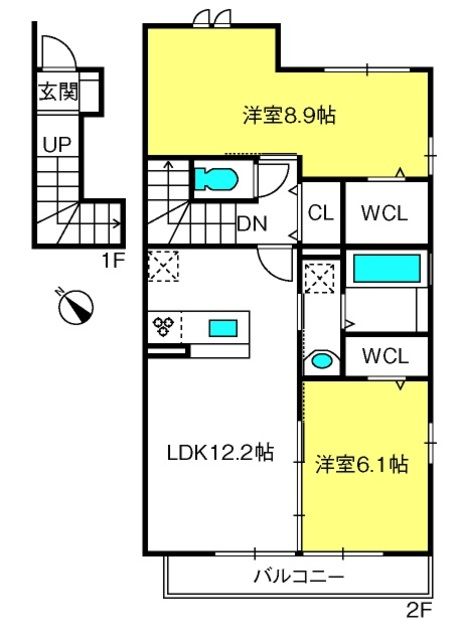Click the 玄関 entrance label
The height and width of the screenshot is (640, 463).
click(58, 91)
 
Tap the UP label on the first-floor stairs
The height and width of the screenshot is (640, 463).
click(57, 144)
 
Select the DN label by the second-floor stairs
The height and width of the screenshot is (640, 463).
click(252, 224)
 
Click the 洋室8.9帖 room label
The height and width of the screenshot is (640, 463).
click(289, 116)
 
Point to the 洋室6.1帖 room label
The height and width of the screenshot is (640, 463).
click(362, 464)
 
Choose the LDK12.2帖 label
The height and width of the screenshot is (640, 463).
click(220, 452)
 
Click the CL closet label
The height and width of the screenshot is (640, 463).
click(321, 213)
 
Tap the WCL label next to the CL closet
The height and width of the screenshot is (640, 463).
click(385, 213)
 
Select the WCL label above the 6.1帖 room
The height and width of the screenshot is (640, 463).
click(385, 356)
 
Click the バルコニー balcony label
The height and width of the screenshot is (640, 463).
click(299, 577)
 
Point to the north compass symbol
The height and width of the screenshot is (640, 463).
click(76, 307)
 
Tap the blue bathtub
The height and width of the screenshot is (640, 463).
click(387, 268)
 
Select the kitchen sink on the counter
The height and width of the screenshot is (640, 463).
click(223, 328)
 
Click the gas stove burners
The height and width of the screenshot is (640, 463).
click(163, 327)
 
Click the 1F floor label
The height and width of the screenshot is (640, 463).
click(113, 261)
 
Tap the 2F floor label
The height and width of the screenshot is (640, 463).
click(419, 610)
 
